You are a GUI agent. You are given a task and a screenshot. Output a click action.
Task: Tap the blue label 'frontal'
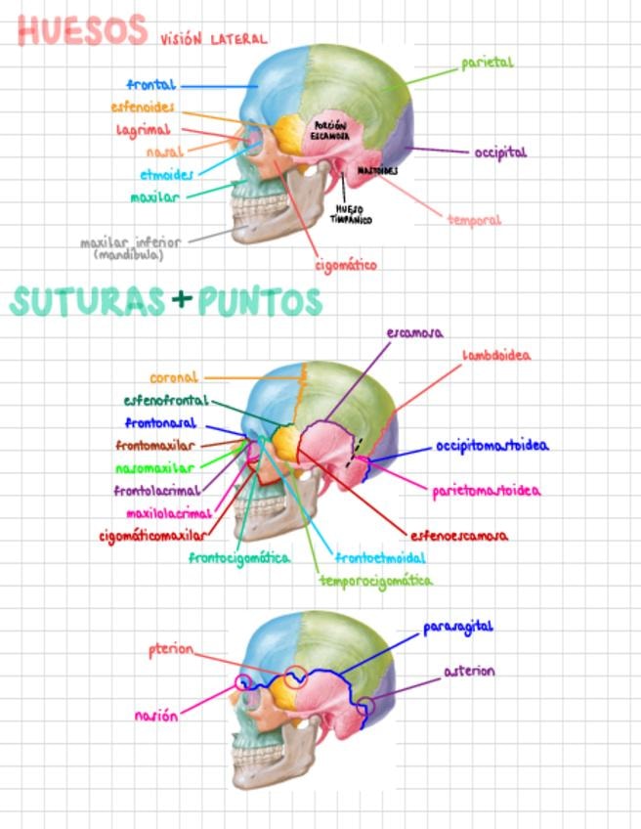tap(150, 86)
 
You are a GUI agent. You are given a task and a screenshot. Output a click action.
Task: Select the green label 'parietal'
tap(488, 64)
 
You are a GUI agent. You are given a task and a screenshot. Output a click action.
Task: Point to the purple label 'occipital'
tap(500, 153)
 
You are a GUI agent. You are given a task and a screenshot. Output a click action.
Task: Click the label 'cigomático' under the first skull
tap(345, 265)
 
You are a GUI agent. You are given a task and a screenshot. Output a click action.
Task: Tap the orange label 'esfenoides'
tap(143, 107)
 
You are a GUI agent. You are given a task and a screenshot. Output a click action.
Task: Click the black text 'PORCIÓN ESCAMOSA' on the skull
tap(330, 131)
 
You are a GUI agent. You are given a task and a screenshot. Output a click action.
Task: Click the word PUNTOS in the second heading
tap(260, 302)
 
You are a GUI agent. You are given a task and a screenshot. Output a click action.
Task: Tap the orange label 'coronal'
tap(174, 377)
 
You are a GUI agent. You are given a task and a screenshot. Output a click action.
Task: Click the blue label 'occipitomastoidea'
tap(491, 446)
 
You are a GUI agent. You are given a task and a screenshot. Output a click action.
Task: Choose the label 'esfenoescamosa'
tap(458, 536)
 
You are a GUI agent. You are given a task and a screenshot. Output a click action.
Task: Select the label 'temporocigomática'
tap(375, 580)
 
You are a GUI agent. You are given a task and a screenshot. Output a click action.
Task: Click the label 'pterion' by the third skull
tap(171, 650)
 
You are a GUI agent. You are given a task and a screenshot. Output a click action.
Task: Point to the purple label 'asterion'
tap(469, 672)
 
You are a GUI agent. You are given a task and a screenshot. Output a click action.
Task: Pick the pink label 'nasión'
tap(156, 716)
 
